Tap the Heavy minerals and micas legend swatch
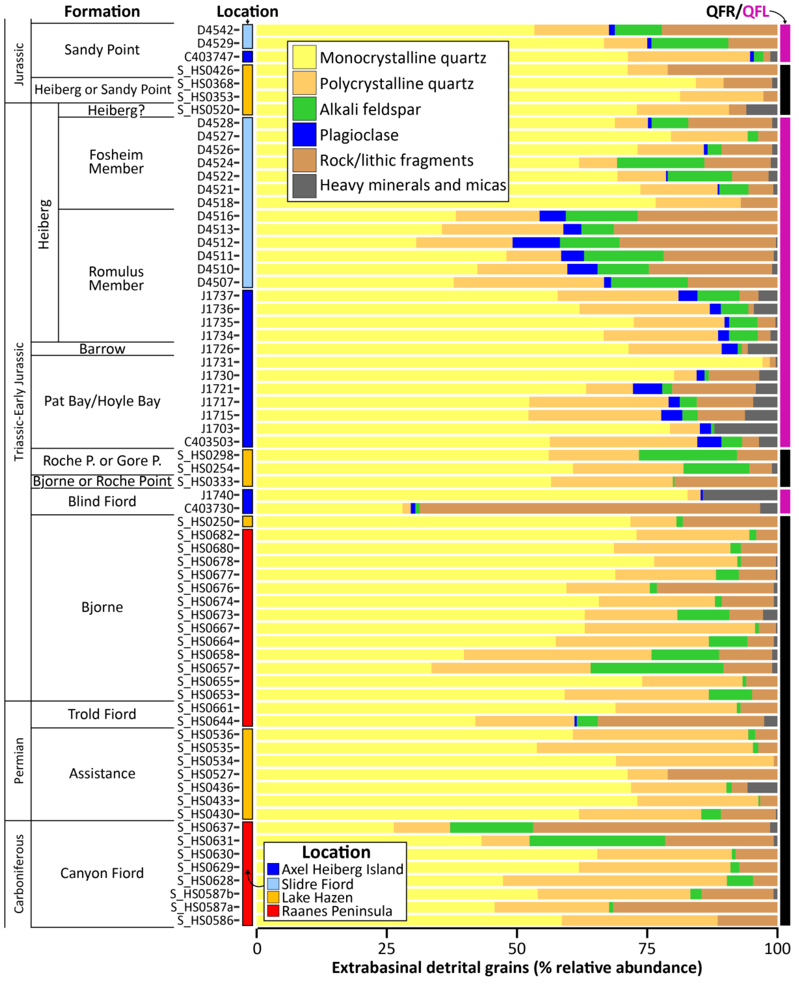point(304,186)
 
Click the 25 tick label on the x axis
point(387,948)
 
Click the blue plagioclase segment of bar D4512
point(536,242)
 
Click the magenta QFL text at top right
point(755,11)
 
